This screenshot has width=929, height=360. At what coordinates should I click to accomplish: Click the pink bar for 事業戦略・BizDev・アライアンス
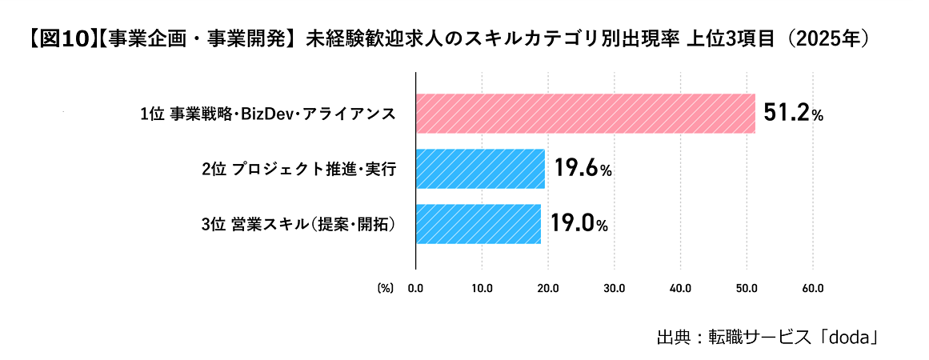(x=586, y=113)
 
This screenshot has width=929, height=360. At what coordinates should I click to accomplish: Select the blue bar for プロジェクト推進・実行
(x=480, y=169)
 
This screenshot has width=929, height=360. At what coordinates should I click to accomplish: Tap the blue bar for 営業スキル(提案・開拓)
(x=479, y=224)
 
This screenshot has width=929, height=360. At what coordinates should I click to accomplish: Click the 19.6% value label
(x=583, y=170)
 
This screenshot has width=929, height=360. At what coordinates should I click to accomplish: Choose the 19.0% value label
(x=579, y=225)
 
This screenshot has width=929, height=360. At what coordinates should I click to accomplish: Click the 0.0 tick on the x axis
(x=416, y=289)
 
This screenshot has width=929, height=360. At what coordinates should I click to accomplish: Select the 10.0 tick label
(x=482, y=289)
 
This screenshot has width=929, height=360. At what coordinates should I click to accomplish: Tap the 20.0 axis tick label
(x=548, y=289)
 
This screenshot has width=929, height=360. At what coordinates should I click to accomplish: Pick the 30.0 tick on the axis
(x=615, y=289)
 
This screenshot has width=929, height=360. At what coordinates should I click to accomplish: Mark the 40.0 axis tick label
(x=680, y=289)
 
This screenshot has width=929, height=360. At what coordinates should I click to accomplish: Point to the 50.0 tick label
(x=746, y=289)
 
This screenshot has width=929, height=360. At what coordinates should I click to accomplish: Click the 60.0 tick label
(x=812, y=289)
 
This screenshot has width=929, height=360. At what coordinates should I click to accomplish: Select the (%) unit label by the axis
(x=385, y=289)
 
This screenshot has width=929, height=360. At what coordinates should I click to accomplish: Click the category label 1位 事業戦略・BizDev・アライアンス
(x=268, y=114)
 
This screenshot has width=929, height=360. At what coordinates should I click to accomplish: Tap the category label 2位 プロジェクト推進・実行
(x=298, y=170)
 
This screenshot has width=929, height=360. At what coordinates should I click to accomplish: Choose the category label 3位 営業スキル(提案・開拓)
(x=298, y=225)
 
